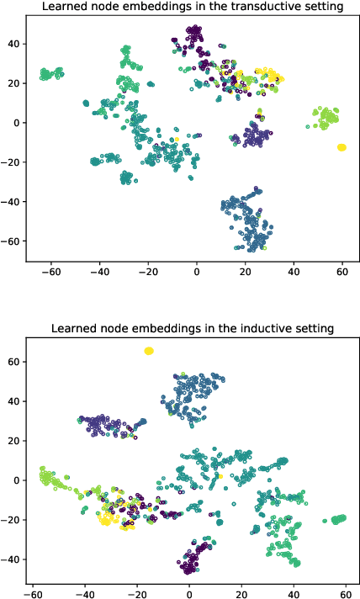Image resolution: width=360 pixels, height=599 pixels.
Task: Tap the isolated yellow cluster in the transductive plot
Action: [341, 147]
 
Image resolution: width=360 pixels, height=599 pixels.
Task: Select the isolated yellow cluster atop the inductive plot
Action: [149, 351]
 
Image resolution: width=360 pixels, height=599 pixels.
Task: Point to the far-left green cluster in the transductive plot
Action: [51, 74]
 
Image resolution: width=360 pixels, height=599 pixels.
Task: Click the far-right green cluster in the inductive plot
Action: [339, 519]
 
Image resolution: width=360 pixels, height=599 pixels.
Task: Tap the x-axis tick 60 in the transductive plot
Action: [342, 273]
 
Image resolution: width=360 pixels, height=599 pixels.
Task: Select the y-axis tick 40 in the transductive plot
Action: [16, 43]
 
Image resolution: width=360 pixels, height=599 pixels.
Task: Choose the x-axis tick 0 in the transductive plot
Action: [197, 273]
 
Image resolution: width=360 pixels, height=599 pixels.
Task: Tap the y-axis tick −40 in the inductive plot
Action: [13, 559]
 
